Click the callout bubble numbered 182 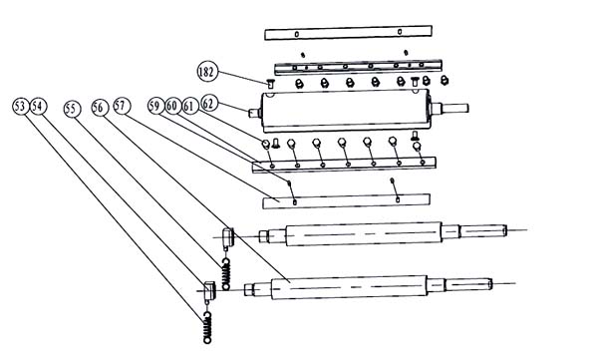click(x=207, y=72)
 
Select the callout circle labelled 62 click(x=209, y=103)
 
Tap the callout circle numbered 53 click(x=20, y=106)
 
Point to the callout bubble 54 click(x=38, y=106)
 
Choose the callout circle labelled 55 click(x=72, y=109)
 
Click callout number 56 click(x=100, y=108)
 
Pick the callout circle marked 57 click(x=122, y=106)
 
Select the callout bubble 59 click(x=156, y=106)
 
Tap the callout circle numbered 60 click(x=172, y=106)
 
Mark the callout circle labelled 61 click(x=189, y=106)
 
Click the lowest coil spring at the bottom click(x=207, y=327)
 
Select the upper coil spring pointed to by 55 click(x=226, y=273)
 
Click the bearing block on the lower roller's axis click(x=209, y=290)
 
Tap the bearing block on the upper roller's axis click(x=228, y=237)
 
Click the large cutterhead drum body click(x=345, y=111)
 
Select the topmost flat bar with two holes click(x=348, y=33)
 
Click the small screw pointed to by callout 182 click(x=270, y=83)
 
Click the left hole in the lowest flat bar click(x=294, y=202)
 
